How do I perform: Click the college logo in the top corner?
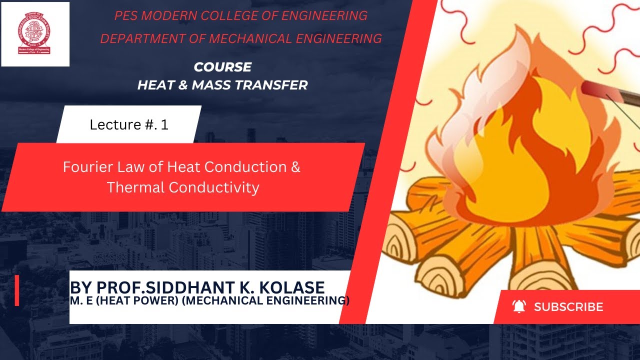coord(35,34)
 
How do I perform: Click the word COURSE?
coord(222,67)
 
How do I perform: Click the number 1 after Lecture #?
coord(164,124)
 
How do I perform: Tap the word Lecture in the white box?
coord(112,124)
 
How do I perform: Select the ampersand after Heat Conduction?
coord(295,167)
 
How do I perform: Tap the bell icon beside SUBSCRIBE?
coord(519,306)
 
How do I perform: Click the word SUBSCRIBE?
coord(568,307)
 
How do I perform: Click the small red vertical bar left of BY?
coord(17,290)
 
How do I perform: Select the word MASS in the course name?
coord(214,85)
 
